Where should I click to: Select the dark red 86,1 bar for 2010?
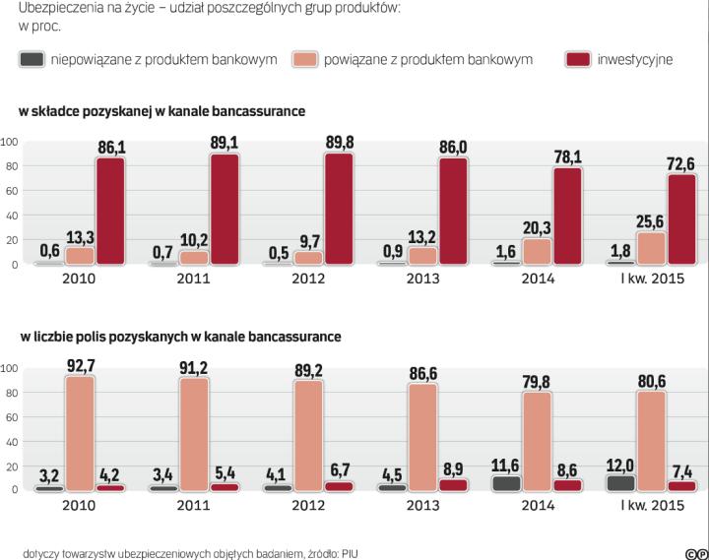pos(110,211)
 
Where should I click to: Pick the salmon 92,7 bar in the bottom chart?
pos(80,433)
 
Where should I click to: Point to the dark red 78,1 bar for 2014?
pos(566,216)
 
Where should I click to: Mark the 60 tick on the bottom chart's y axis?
pos(12,416)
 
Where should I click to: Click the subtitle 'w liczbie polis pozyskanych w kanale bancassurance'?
pos(181,337)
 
